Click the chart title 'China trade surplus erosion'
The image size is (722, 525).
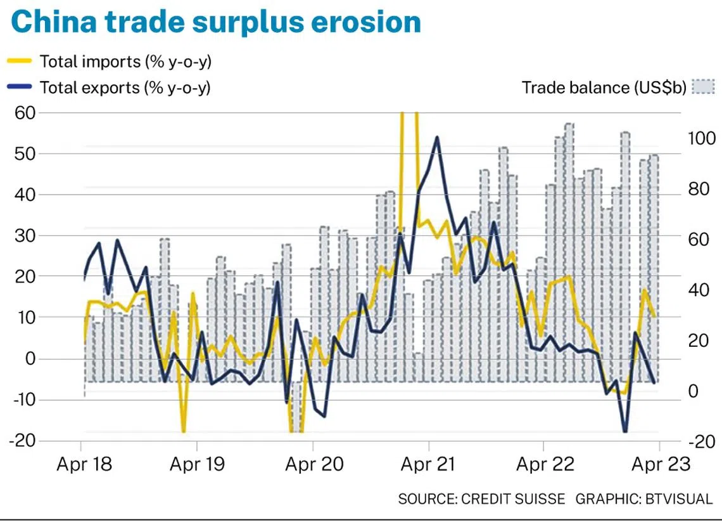point(216,22)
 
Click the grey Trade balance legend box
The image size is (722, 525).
point(702,87)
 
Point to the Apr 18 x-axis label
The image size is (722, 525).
point(84,464)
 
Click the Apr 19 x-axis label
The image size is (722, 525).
point(198,464)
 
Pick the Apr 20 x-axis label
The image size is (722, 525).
point(314,464)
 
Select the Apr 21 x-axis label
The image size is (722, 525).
point(429,464)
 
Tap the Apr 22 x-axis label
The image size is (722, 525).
point(545,464)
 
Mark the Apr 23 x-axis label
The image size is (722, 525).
point(661,464)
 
